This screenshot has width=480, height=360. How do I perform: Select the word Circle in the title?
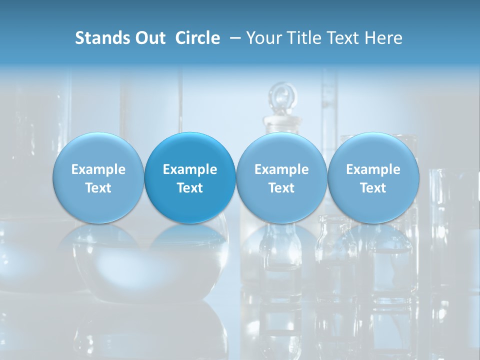197,38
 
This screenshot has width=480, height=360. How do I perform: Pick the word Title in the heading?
306,38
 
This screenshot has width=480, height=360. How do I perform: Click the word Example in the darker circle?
190,169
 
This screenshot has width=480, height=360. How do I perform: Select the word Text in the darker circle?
190,188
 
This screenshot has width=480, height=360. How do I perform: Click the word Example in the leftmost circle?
98,169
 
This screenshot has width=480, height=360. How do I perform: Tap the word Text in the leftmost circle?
98,188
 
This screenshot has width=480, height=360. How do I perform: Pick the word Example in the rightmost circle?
373,169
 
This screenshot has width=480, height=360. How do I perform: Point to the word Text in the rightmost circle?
373,188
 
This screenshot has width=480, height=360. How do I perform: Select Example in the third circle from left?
281,169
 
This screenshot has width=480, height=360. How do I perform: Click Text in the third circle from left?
281,188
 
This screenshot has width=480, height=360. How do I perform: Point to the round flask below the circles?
150,265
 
